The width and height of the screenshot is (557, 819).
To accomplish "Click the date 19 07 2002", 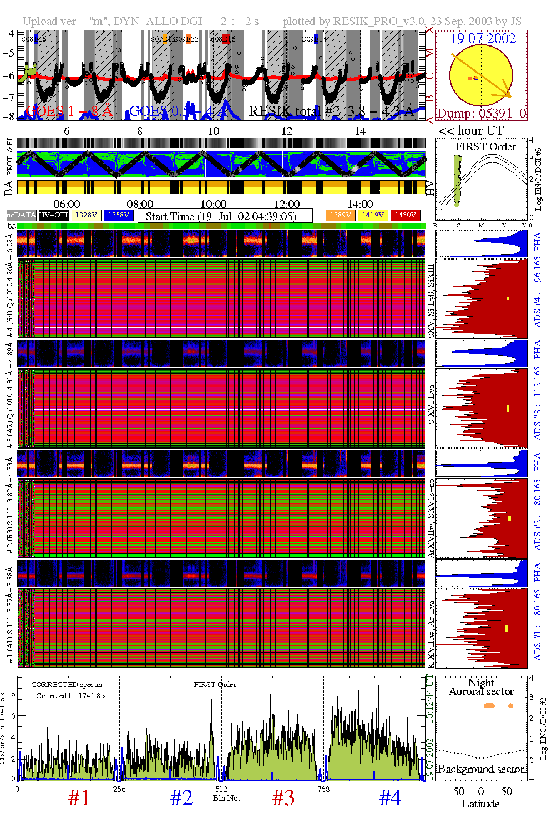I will pyautogui.click(x=483, y=39).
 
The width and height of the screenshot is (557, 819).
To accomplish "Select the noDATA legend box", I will pyautogui.click(x=22, y=215).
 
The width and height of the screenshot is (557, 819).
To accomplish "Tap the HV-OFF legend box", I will pyautogui.click(x=54, y=215).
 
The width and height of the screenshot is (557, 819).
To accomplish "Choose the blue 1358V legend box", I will pyautogui.click(x=119, y=215).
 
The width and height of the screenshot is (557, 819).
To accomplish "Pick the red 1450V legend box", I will pyautogui.click(x=406, y=215).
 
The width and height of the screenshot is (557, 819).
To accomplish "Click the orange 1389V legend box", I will pyautogui.click(x=340, y=215).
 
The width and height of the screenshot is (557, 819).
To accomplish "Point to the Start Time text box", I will pyautogui.click(x=225, y=216).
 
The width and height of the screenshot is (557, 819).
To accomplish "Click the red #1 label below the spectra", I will pyautogui.click(x=79, y=798).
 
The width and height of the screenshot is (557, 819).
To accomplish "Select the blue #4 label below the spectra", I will pyautogui.click(x=390, y=798).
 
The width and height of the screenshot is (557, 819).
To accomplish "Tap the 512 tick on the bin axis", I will pyautogui.click(x=221, y=789).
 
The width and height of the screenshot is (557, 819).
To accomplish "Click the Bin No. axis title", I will pyautogui.click(x=226, y=798).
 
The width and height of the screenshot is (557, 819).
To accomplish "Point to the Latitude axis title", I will pyautogui.click(x=480, y=804).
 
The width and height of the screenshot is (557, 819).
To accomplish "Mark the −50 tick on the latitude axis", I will pyautogui.click(x=456, y=791).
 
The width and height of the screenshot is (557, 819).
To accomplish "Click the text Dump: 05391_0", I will pyautogui.click(x=482, y=114).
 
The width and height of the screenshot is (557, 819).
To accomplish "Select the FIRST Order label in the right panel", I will pyautogui.click(x=485, y=147).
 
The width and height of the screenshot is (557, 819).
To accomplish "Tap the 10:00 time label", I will pyautogui.click(x=214, y=205).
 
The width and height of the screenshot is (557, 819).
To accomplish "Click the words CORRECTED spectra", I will pyautogui.click(x=67, y=685).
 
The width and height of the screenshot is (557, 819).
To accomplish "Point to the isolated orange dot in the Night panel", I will pyautogui.click(x=510, y=706).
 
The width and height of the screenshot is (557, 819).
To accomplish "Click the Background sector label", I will pyautogui.click(x=481, y=769).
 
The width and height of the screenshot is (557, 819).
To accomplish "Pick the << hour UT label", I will pyautogui.click(x=472, y=131).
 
